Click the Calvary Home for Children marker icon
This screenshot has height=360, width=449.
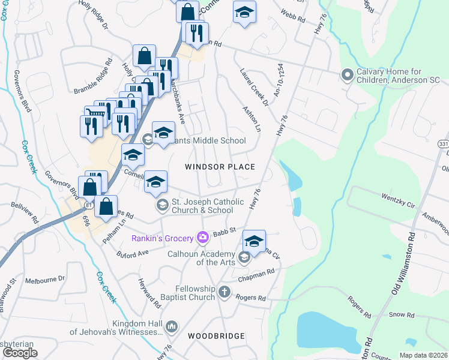[347, 76]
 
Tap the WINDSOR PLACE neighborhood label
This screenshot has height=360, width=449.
[220, 167]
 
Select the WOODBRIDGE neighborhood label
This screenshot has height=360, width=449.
[216, 336]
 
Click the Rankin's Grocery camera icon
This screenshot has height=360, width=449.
[203, 238]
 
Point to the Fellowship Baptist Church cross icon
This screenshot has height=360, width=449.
[224, 292]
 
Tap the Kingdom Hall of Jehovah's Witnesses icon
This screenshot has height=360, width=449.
[172, 326]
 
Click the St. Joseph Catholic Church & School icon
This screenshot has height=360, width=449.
[161, 206]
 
